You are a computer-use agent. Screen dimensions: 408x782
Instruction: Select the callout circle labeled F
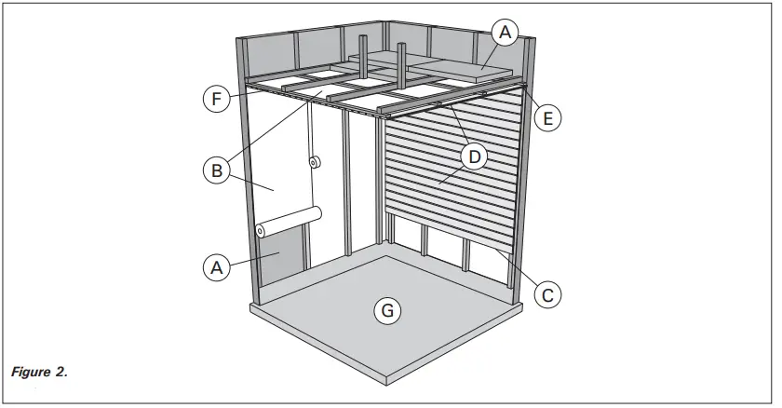(215, 98)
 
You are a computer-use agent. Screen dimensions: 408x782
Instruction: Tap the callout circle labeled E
(548, 117)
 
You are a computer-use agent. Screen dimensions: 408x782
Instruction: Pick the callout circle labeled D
(475, 156)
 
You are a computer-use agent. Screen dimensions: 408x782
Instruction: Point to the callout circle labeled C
(548, 294)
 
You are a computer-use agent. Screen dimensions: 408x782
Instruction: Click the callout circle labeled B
(216, 170)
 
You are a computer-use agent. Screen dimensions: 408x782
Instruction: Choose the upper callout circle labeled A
(504, 34)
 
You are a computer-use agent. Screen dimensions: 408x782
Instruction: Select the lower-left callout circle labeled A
(216, 267)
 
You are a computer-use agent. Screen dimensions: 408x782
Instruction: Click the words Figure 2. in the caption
(39, 373)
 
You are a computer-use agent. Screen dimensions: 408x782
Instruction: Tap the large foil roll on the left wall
(288, 222)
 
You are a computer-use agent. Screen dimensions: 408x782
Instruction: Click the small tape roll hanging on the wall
(315, 163)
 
